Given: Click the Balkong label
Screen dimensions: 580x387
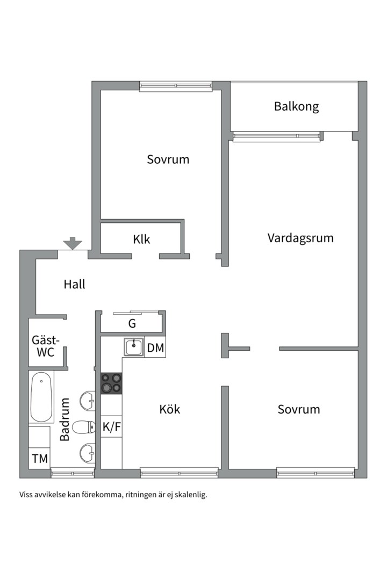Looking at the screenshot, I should (296, 106).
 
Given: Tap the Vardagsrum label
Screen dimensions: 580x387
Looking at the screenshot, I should (300, 238).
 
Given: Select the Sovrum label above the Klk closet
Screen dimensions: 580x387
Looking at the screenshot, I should (168, 160).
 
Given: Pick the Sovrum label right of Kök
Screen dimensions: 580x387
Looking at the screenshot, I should (298, 409).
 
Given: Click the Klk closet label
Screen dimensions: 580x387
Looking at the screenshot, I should (142, 240).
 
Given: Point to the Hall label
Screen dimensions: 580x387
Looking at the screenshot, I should (74, 285).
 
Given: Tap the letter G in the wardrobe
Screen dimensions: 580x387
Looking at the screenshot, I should (132, 324).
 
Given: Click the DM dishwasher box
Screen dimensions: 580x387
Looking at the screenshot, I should (155, 348).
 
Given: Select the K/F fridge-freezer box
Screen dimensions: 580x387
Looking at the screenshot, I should (111, 427).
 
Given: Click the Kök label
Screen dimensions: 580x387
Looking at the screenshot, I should (169, 409).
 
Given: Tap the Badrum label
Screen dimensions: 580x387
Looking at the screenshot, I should (65, 419).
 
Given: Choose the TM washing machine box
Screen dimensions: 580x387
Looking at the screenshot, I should (40, 459).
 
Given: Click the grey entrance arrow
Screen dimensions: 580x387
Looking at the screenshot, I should (73, 244).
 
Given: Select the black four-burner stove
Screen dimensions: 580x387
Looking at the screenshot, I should (111, 383).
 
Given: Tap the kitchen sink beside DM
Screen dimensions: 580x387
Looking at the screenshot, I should (133, 347).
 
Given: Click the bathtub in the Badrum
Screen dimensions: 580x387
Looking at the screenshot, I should (41, 397).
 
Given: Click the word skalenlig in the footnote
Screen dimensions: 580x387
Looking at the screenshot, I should (188, 495).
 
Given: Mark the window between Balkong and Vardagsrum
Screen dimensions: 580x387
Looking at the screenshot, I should (276, 137).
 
